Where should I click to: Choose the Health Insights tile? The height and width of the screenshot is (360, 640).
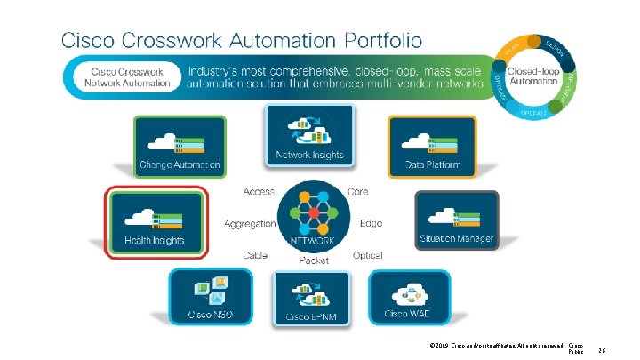coord(156,220)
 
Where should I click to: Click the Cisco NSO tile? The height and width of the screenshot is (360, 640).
coord(210,295)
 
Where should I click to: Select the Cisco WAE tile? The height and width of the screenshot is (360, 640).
coord(409,295)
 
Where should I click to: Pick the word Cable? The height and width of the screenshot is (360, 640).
coord(256,255)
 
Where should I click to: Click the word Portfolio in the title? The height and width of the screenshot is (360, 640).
coord(372,41)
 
